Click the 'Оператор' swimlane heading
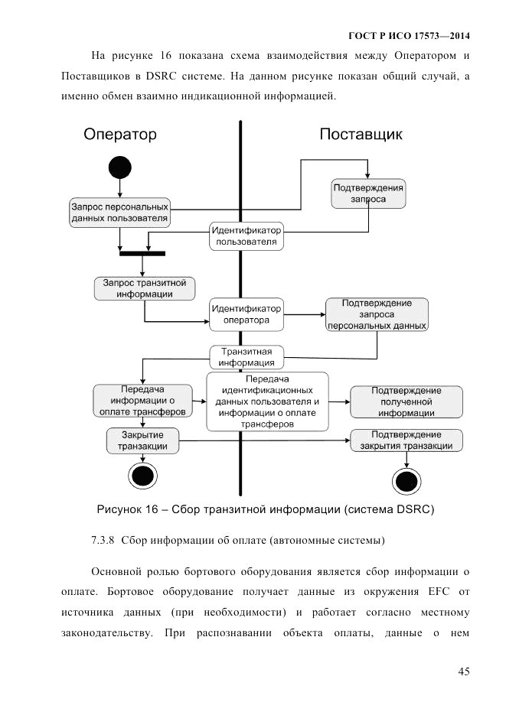click(x=120, y=135)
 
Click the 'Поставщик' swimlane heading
click(x=361, y=135)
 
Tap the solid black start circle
click(x=120, y=167)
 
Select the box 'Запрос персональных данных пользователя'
click(x=119, y=211)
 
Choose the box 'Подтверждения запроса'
click(x=368, y=193)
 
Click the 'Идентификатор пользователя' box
click(x=246, y=236)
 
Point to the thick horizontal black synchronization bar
click(x=142, y=253)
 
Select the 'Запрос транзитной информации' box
click(x=144, y=288)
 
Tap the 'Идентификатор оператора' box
click(x=246, y=314)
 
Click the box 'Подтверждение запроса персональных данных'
click(x=377, y=314)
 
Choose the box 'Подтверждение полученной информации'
click(x=406, y=401)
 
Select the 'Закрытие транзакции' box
click(x=142, y=440)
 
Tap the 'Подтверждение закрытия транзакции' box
click(x=406, y=440)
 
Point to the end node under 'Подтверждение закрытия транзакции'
click(x=406, y=481)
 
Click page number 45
click(x=463, y=671)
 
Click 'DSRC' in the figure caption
click(x=410, y=509)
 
